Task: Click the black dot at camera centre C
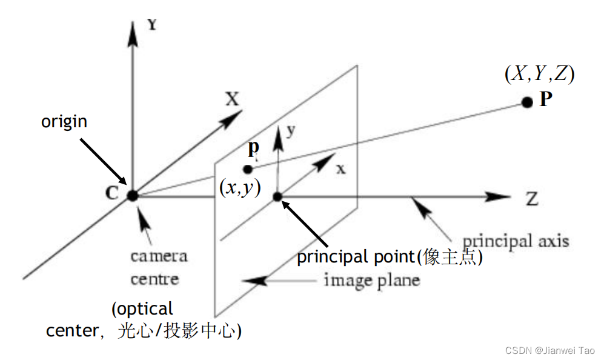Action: (132, 195)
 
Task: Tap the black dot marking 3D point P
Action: (526, 102)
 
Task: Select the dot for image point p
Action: (247, 169)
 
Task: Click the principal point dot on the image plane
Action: (278, 196)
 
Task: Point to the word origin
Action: (64, 121)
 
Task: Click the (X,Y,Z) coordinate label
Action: (539, 74)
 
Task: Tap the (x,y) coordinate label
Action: (240, 188)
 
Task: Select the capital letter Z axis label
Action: (531, 199)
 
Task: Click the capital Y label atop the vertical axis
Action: (153, 25)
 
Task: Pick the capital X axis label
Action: (232, 99)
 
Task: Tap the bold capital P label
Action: (546, 99)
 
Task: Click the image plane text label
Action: (371, 281)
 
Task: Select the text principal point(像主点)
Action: (390, 257)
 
